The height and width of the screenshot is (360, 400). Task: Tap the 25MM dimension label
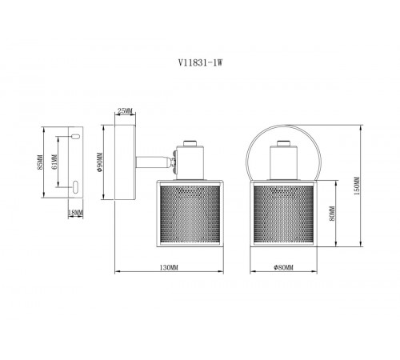[x=125, y=110]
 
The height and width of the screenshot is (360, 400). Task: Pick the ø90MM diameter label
[x=102, y=166]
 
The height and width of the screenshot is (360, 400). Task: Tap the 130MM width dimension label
[x=166, y=266]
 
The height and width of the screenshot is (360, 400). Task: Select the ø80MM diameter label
[x=283, y=266]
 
